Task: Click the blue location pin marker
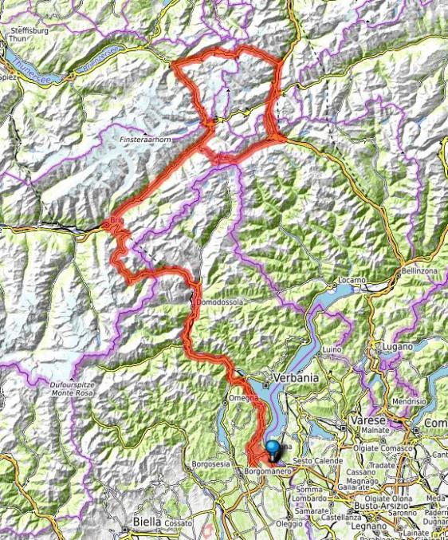[273, 449]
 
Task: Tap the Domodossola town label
[217, 303]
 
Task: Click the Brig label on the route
[117, 219]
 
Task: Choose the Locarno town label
[351, 281]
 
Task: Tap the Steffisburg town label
[30, 33]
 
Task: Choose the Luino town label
[332, 349]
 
